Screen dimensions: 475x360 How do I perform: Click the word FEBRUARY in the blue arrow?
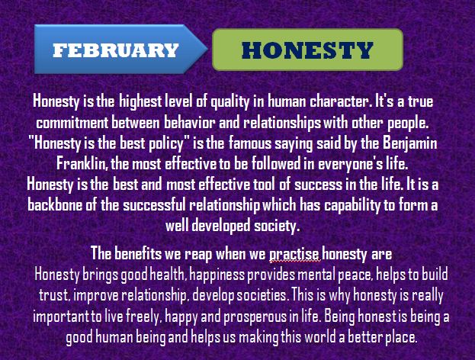(x=115, y=50)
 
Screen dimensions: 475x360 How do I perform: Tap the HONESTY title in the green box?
(x=307, y=50)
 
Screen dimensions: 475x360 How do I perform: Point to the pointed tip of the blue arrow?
(x=207, y=48)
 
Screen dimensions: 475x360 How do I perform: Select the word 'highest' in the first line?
(x=140, y=101)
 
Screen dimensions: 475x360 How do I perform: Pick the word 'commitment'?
(x=72, y=123)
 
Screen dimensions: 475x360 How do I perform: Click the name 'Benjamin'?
(x=410, y=143)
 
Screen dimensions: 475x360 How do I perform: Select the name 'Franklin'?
(x=82, y=164)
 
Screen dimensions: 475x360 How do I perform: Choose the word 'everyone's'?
(x=350, y=164)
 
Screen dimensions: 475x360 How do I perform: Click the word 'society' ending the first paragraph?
(x=277, y=226)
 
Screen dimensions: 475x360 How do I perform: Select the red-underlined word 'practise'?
(x=294, y=254)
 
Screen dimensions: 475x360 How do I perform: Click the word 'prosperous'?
(x=255, y=317)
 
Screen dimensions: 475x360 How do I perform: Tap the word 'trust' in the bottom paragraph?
(x=53, y=295)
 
